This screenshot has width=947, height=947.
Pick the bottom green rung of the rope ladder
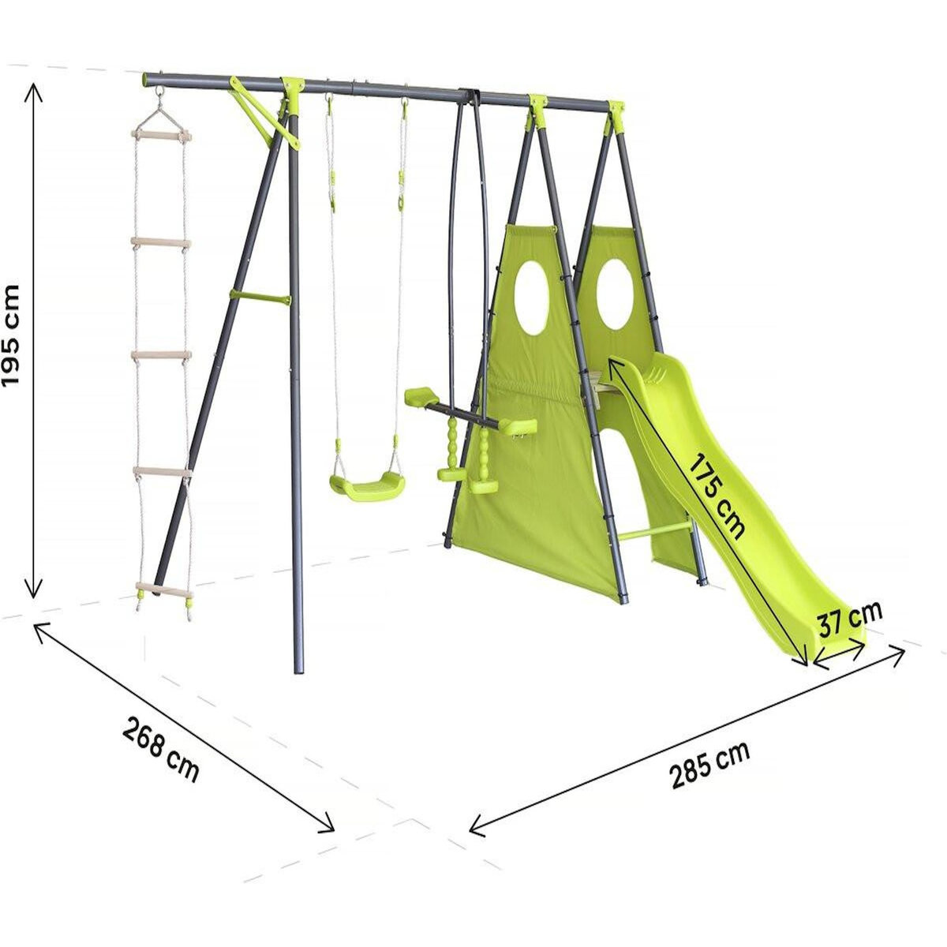[164, 590]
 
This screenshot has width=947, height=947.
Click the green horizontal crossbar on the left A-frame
[260, 297]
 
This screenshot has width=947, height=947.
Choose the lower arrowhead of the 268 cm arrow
[331, 828]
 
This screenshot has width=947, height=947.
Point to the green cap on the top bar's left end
[147, 79]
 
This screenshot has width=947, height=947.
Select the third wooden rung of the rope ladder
[161, 356]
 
